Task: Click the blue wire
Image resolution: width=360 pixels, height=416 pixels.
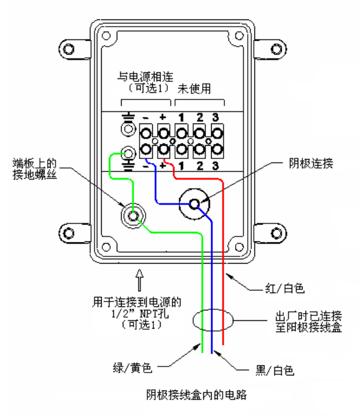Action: point(212,289)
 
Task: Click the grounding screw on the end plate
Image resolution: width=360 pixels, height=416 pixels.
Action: point(134,216)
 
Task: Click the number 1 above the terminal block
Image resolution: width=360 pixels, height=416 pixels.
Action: point(181,117)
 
